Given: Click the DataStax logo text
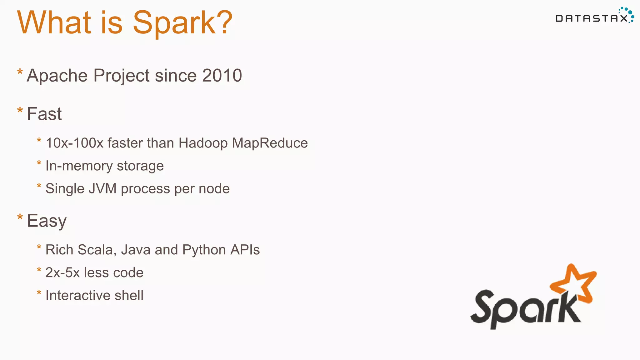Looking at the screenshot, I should point(592,19).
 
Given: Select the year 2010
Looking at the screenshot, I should point(222,76).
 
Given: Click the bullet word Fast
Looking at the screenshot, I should point(44,114).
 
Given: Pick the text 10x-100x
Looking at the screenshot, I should point(74,143).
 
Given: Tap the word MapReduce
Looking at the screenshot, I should point(270,143).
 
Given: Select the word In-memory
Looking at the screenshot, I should point(79,166).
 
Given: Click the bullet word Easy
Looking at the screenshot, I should point(47,221).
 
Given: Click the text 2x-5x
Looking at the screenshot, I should point(62,273).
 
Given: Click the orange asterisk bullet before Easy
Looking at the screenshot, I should point(20,217).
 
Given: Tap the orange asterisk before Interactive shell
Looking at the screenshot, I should point(39,293).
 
